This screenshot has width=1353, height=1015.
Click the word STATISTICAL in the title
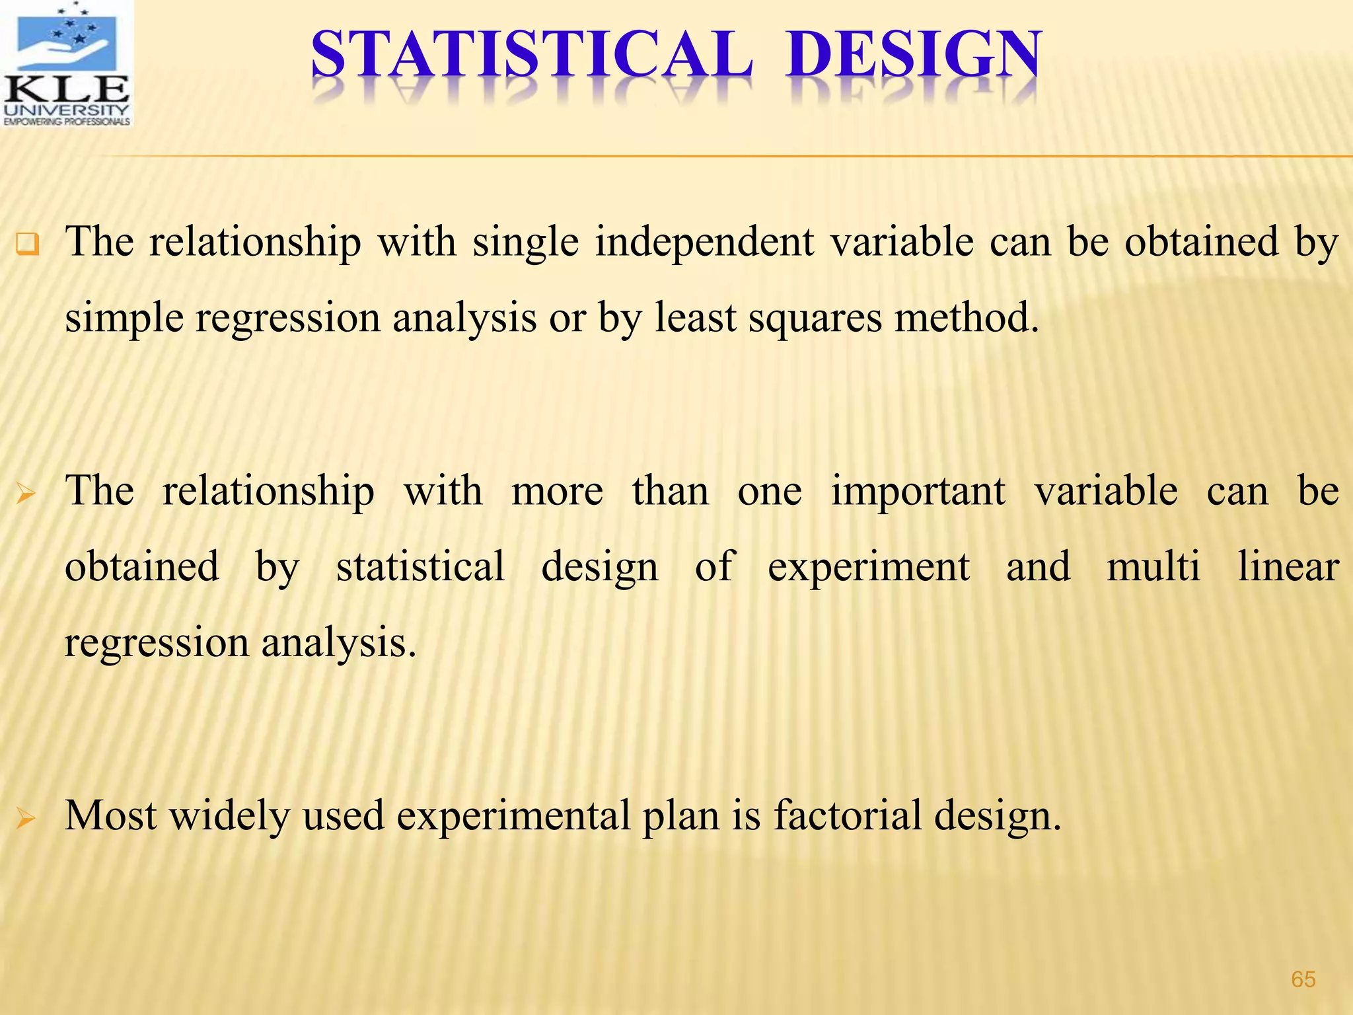tap(531, 56)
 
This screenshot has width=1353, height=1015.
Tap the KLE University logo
tap(67, 64)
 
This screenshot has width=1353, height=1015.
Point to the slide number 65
tap(1303, 979)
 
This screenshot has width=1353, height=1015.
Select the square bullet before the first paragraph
tap(28, 245)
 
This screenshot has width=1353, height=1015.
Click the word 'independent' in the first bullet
tap(704, 242)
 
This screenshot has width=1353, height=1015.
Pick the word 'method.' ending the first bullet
tap(967, 318)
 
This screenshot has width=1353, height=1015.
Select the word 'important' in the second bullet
tap(918, 491)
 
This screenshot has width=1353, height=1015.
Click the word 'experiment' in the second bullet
tap(868, 567)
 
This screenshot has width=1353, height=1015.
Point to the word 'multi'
tap(1153, 567)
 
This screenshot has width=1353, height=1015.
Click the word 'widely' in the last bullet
tap(229, 816)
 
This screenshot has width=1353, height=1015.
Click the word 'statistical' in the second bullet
tap(420, 567)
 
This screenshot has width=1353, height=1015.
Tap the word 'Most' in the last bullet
tap(110, 815)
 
